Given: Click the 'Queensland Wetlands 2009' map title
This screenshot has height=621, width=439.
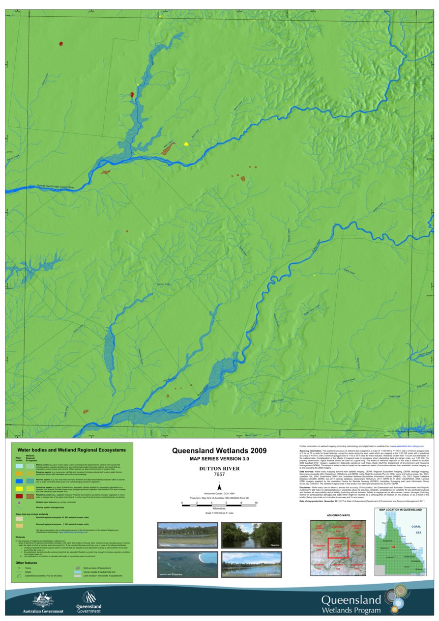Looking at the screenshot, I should pos(219,451).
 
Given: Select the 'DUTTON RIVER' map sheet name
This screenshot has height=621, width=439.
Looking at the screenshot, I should pos(219,469).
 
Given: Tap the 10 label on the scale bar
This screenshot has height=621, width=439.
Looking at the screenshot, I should pos(256,503).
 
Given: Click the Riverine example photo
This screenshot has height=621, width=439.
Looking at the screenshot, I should pos(251,535).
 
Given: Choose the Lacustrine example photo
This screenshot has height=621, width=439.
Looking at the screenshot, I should pos(251,564).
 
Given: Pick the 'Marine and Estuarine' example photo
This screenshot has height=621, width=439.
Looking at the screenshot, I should pos(187,564).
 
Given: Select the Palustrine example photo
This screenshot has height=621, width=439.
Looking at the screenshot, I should pos(187,535).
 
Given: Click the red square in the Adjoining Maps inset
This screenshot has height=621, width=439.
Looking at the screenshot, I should pos(338,546).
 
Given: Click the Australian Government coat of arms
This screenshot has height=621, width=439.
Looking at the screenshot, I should pos(43,600).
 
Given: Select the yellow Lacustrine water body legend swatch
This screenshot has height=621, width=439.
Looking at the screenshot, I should pos(19,489).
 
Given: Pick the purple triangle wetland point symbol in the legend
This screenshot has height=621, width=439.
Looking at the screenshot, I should pos(19,503).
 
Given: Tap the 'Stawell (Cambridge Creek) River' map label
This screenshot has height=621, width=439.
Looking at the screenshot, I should pos(55,187).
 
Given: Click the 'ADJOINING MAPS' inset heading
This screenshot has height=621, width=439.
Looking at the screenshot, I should pos(338,515).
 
